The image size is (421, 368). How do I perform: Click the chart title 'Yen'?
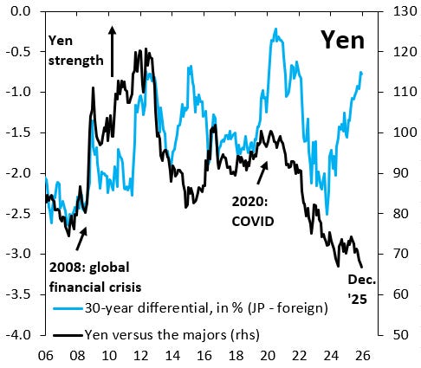(342, 40)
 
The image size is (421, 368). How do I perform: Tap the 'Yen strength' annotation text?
(76, 50)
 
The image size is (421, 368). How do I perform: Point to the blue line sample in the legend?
(65, 308)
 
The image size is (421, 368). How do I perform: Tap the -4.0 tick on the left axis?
(19, 334)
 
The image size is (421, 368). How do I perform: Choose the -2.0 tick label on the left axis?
(19, 173)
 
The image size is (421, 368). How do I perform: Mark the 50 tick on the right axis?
(399, 334)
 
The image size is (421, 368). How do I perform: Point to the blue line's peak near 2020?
(276, 29)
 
